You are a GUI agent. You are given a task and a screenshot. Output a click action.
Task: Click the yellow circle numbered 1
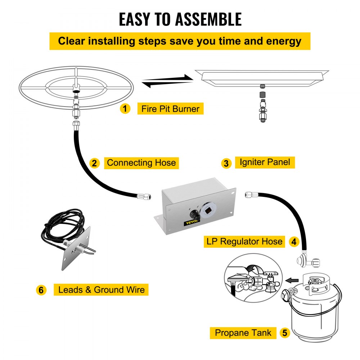[125, 108]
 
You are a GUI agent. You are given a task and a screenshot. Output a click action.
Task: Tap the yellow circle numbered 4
[294, 242]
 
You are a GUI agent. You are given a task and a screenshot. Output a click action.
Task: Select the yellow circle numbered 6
[41, 290]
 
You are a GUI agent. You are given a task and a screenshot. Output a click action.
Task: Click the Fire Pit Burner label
[170, 108]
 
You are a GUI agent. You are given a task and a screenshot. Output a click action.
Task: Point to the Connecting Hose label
[141, 163]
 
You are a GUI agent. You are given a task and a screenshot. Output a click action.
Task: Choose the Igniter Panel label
[265, 162]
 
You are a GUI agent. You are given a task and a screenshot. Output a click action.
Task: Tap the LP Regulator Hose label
[244, 241]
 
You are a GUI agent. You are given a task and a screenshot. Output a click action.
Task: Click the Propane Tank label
[243, 333]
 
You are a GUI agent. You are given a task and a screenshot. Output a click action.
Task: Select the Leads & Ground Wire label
[101, 289]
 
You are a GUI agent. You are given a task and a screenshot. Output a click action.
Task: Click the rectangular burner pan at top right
[262, 77]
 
